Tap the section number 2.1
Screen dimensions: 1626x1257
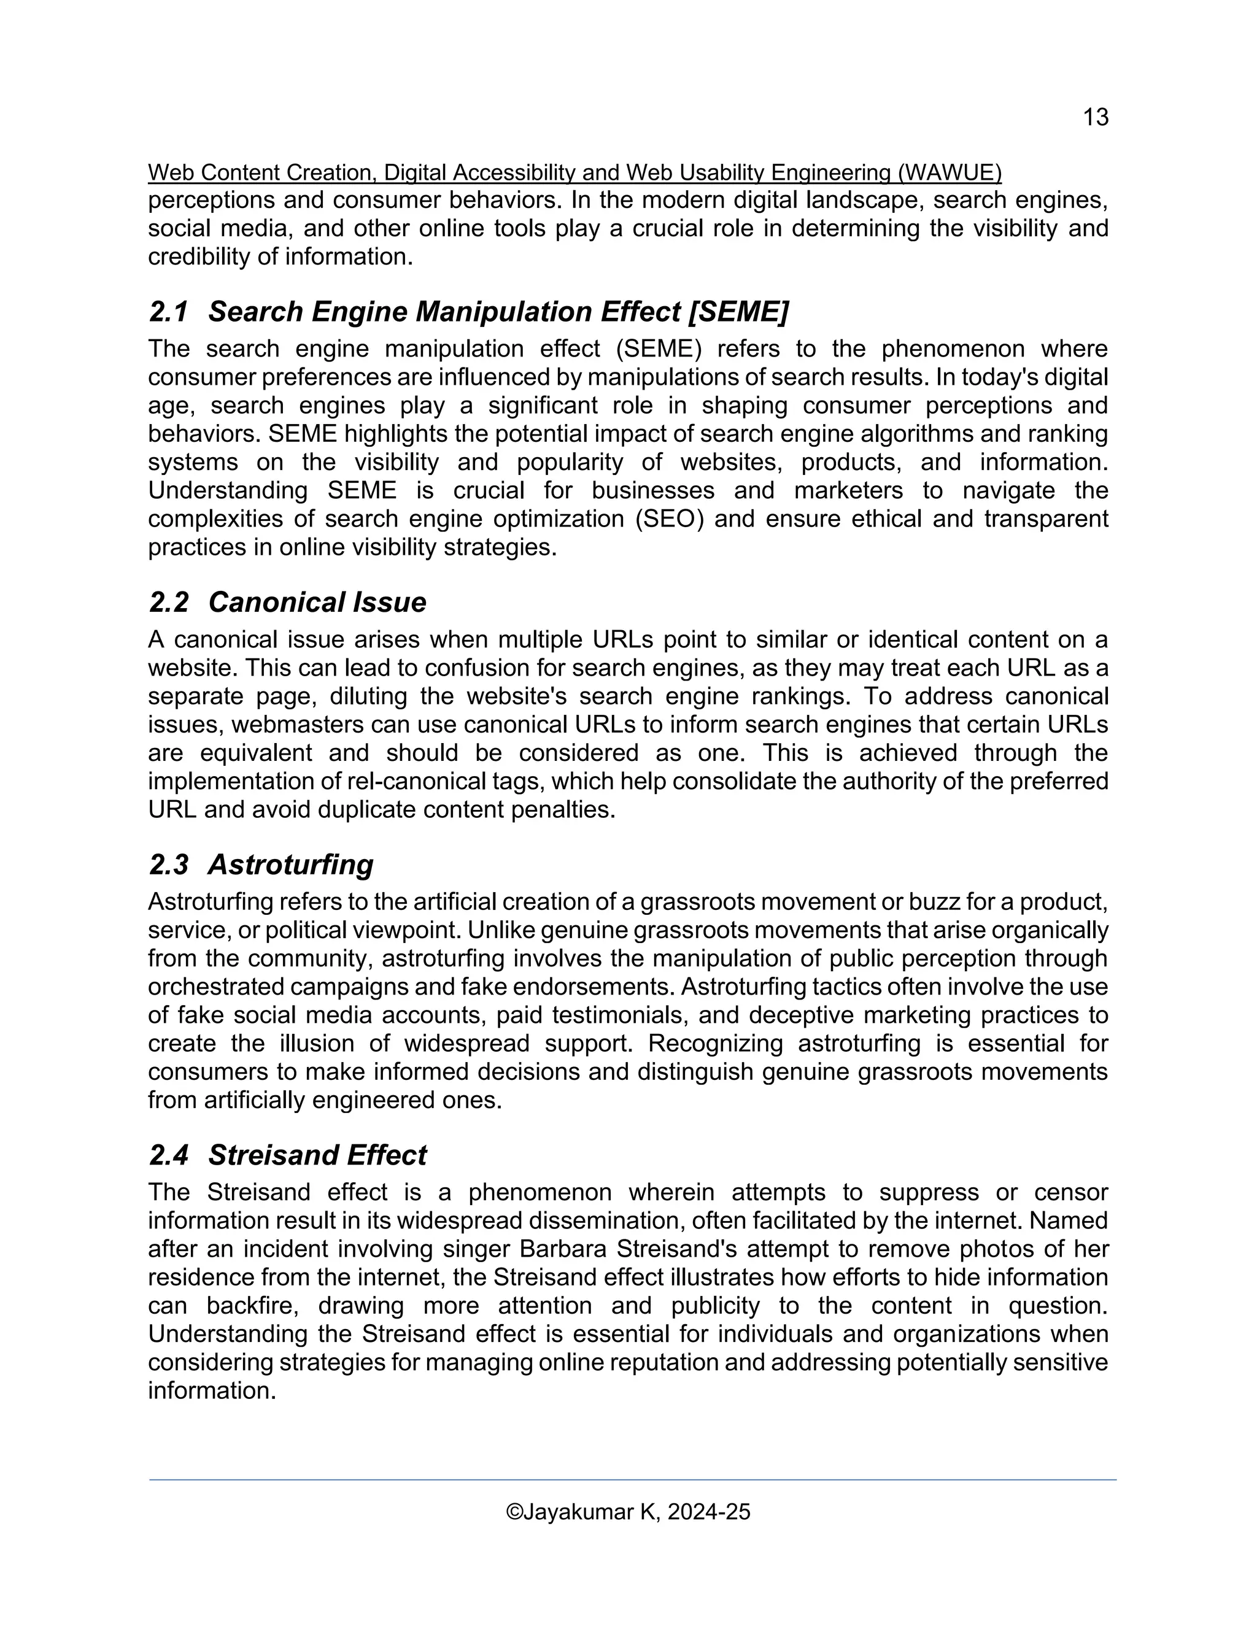pyautogui.click(x=169, y=312)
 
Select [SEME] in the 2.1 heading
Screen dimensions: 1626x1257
pyautogui.click(x=738, y=312)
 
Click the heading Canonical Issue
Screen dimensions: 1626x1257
pyautogui.click(x=317, y=603)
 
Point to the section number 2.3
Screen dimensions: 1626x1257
pyautogui.click(x=169, y=865)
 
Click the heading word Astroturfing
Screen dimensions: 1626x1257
pyautogui.click(x=290, y=865)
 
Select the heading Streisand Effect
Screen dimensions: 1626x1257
pyautogui.click(x=317, y=1155)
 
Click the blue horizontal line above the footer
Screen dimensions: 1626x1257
pyautogui.click(x=632, y=1479)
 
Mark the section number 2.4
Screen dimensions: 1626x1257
pyautogui.click(x=169, y=1155)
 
